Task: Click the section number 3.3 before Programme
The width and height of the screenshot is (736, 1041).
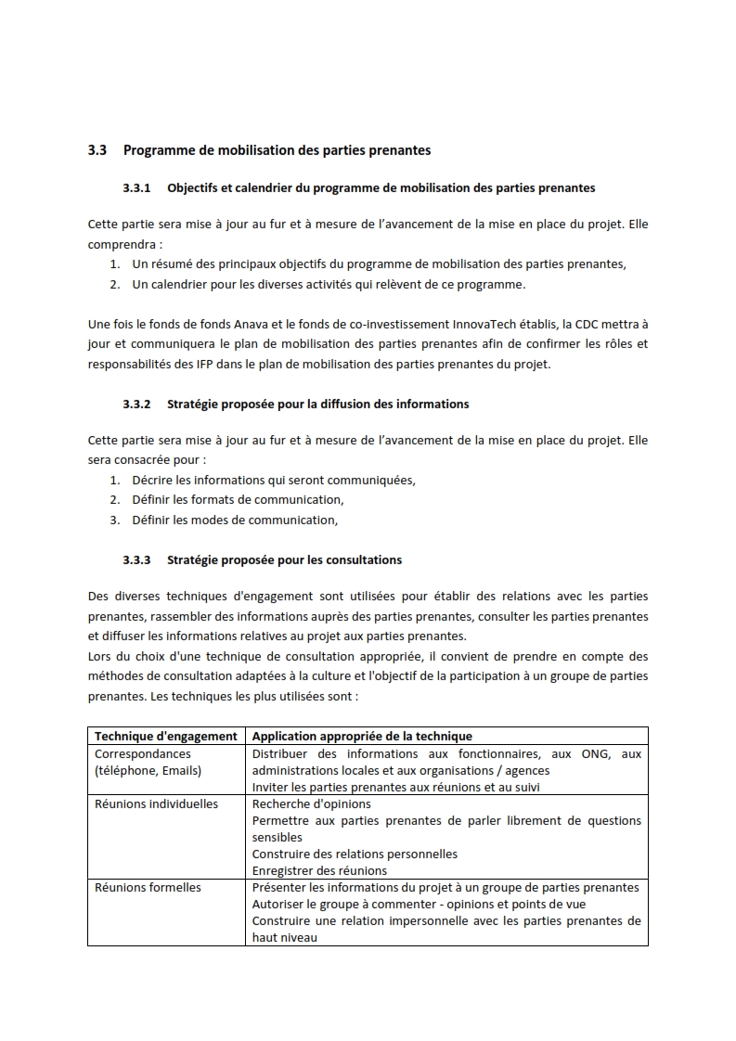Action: click(97, 149)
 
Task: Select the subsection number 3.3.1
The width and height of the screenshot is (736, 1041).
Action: click(136, 187)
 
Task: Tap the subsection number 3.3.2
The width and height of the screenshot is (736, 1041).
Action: click(136, 404)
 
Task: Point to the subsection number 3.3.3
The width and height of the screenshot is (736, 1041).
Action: click(136, 559)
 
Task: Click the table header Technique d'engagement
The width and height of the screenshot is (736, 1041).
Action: click(166, 736)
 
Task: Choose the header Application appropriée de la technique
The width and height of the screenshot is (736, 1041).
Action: click(362, 736)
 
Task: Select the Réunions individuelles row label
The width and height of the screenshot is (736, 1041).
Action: click(156, 803)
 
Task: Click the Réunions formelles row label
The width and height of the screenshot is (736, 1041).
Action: click(148, 887)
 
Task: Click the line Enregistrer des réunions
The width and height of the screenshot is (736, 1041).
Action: click(319, 870)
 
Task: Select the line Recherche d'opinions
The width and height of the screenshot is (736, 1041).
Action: click(311, 803)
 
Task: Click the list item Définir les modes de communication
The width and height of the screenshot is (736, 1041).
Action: click(235, 520)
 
